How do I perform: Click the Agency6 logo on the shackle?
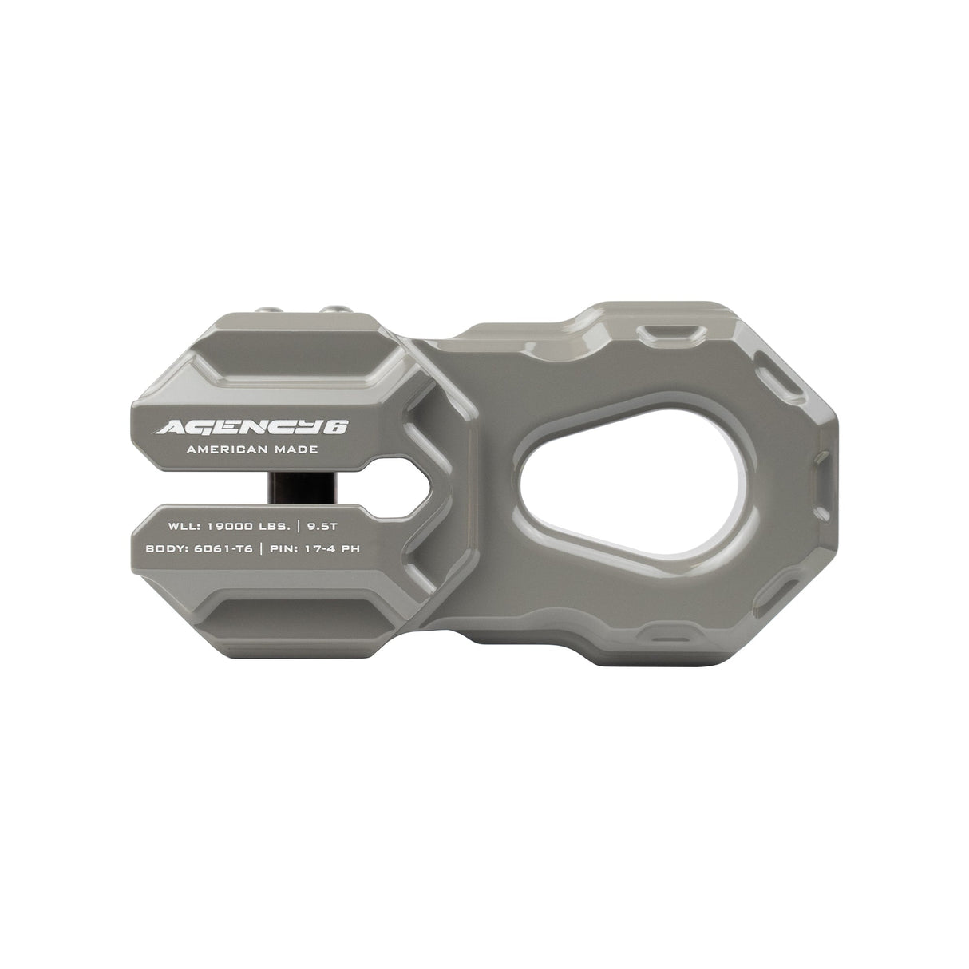pos(251,427)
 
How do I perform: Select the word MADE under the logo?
pos(293,450)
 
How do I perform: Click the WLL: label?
pos(184,527)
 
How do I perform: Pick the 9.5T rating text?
pos(330,527)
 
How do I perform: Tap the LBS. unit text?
pos(278,527)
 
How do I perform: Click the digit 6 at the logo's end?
pos(338,427)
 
